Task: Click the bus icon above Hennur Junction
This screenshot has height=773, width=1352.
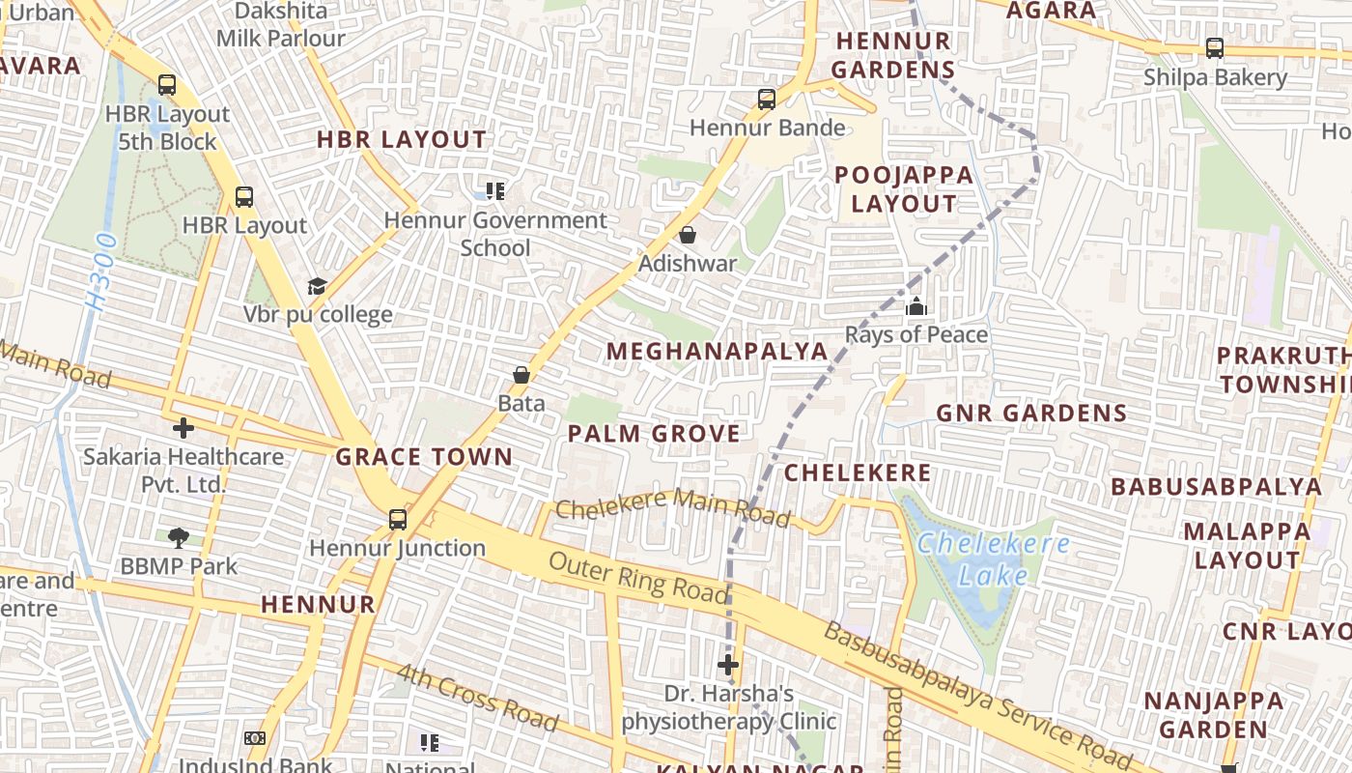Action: click(x=397, y=520)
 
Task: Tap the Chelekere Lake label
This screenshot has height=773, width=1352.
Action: click(x=994, y=559)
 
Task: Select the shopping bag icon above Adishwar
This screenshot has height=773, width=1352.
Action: click(x=688, y=235)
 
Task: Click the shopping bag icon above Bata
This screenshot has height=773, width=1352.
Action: click(x=521, y=375)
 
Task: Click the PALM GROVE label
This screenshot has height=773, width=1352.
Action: click(x=654, y=434)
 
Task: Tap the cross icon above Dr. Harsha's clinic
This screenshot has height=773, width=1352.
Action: click(x=728, y=665)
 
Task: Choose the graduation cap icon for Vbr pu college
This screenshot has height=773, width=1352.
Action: click(x=317, y=286)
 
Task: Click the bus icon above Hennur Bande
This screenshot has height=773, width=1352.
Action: click(x=767, y=99)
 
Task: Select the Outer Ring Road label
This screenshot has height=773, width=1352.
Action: click(x=637, y=578)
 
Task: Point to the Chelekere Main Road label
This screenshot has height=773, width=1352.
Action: click(x=672, y=506)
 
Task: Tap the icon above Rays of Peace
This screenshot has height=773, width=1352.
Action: click(x=915, y=307)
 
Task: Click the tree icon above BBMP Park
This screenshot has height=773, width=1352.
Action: click(x=178, y=538)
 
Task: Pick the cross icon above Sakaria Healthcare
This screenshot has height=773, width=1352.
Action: click(x=183, y=428)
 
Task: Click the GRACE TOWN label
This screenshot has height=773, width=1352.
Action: click(x=424, y=457)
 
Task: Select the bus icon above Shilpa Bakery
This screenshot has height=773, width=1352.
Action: click(x=1215, y=48)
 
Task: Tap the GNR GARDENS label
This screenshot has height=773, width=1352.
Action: click(x=1031, y=414)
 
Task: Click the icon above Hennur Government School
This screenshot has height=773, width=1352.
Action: click(x=495, y=191)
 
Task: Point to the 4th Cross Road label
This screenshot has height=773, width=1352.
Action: click(x=477, y=698)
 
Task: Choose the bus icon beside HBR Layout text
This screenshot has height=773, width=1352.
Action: click(x=244, y=197)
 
